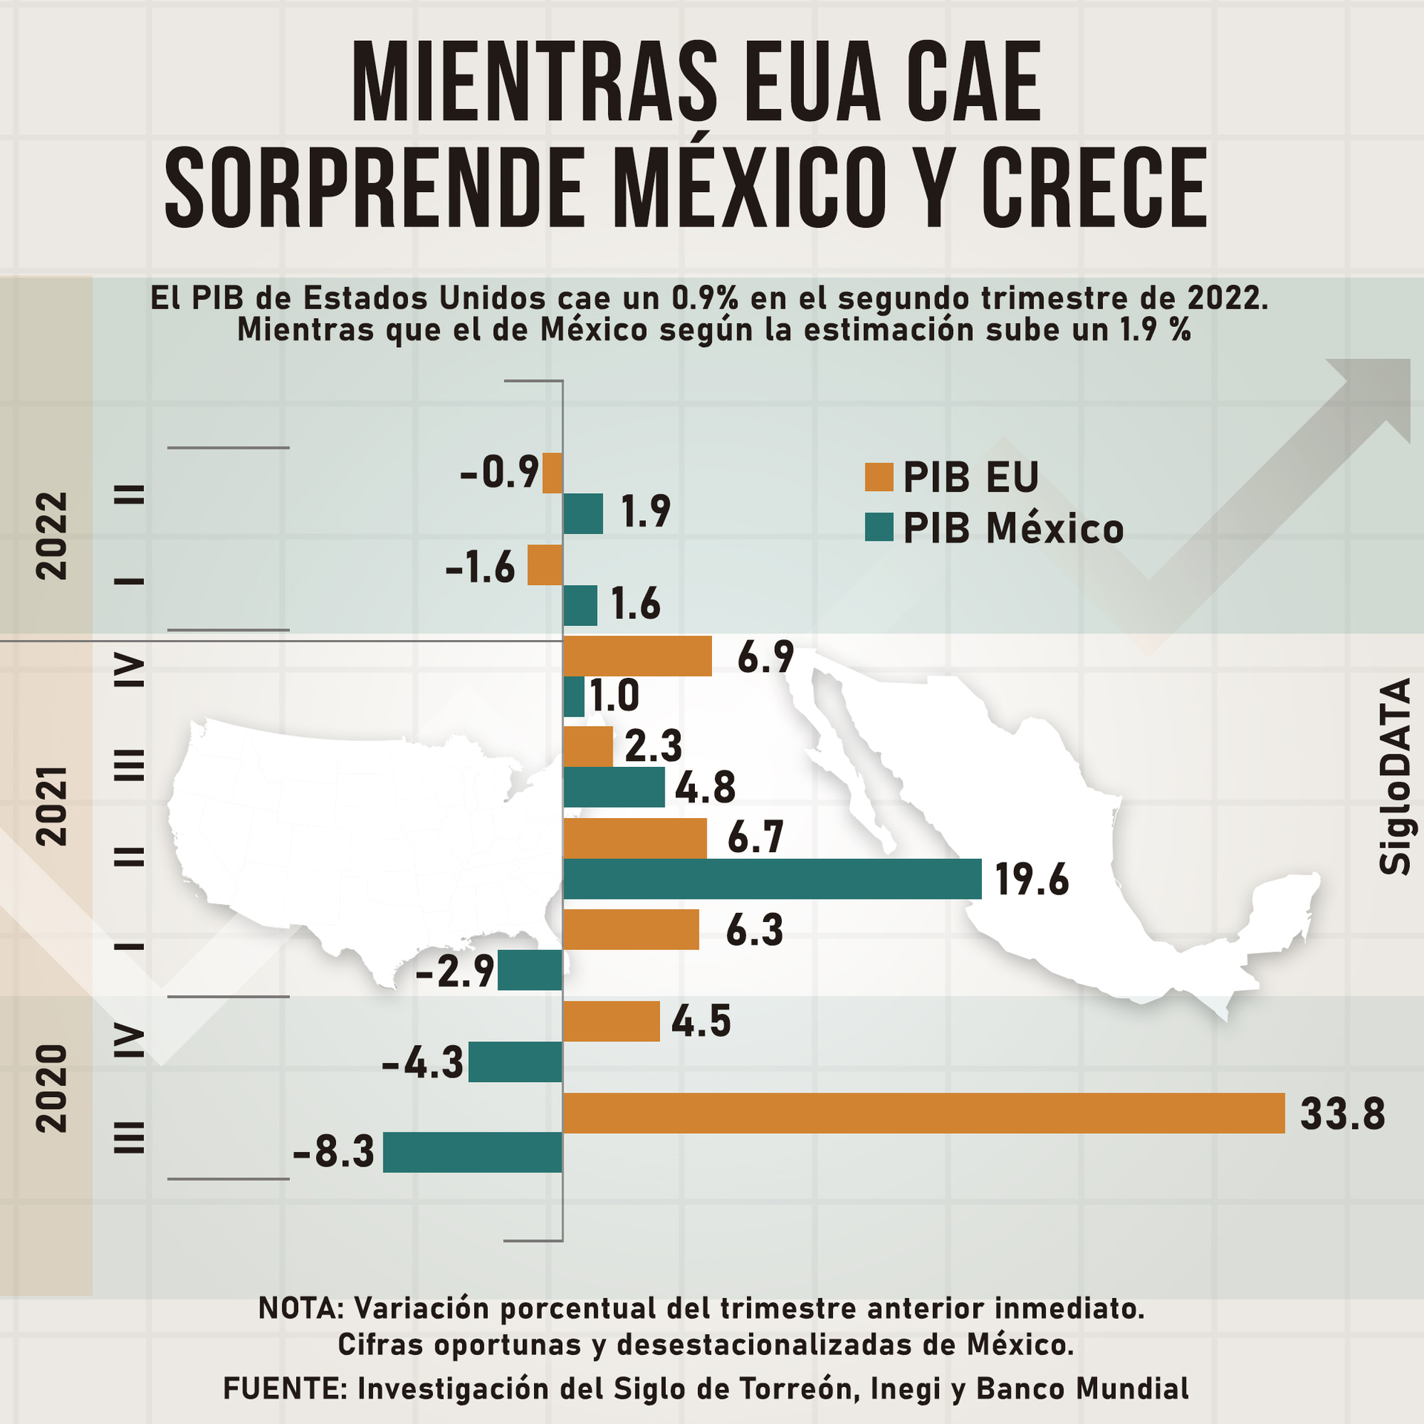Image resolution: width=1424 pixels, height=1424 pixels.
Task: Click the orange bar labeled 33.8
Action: coord(923,1112)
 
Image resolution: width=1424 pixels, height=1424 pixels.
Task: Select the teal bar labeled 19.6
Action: coord(771,879)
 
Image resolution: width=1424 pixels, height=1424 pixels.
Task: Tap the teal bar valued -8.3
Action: coord(472,1152)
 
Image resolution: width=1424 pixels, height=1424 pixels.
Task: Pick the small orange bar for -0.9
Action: coord(552,473)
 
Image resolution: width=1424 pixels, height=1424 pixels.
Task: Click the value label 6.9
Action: coord(765,657)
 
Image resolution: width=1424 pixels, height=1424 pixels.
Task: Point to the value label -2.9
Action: coord(455,971)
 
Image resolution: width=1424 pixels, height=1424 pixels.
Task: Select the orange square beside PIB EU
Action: coord(879,477)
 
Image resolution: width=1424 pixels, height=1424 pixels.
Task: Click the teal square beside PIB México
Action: coord(879,527)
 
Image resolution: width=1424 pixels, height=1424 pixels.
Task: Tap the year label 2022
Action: coord(53,535)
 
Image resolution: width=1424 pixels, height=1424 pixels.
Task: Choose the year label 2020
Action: coord(53,1088)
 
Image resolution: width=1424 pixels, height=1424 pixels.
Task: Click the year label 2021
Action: coord(53,806)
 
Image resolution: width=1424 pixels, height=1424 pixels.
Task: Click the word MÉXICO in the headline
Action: coord(749,187)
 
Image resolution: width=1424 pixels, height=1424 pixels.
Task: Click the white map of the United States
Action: coord(356,831)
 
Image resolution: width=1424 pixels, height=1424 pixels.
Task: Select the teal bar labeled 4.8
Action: coord(613,787)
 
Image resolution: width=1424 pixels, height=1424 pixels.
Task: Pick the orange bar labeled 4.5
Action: coord(611,1021)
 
